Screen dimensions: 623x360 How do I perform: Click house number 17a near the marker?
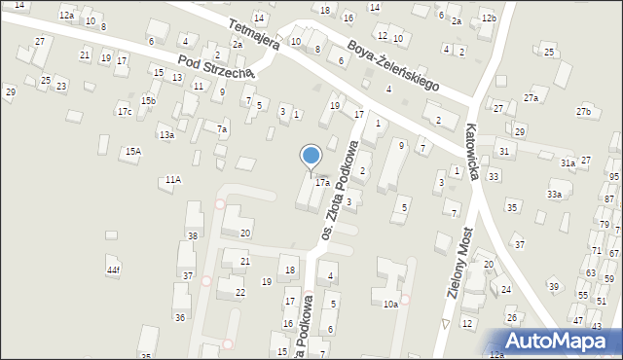click(321, 181)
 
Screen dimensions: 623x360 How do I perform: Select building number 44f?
click(114, 270)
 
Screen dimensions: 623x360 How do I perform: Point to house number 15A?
click(132, 151)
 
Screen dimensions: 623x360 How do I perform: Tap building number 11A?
click(172, 179)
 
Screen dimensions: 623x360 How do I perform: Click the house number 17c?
click(125, 112)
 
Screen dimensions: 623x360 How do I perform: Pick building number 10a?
click(389, 305)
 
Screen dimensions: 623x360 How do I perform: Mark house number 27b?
click(582, 112)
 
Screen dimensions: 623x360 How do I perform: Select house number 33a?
click(554, 195)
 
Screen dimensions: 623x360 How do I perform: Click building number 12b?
click(489, 18)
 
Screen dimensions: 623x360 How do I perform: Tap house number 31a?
click(568, 163)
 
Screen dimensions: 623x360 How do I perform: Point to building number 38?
click(193, 235)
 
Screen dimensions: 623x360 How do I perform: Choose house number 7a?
click(222, 129)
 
